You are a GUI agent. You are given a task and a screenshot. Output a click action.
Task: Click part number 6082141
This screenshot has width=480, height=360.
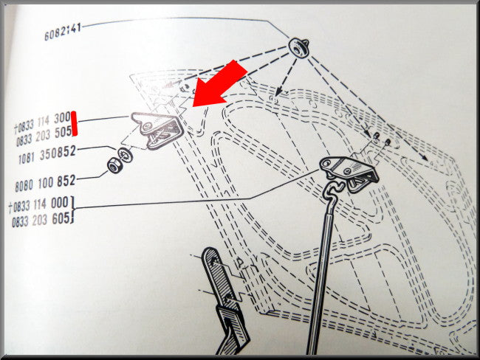click(63, 32)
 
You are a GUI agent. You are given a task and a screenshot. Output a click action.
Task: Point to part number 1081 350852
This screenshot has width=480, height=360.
click(47, 155)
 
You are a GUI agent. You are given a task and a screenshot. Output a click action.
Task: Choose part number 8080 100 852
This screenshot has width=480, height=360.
click(45, 183)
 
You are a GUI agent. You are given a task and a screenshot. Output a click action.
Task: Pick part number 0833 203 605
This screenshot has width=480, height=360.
click(41, 220)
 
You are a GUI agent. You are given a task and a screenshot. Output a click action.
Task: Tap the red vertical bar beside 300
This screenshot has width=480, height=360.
click(74, 123)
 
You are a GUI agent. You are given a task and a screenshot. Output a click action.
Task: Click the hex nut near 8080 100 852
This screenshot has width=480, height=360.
click(115, 165)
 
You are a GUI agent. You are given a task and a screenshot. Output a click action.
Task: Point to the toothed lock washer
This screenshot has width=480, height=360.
click(125, 154)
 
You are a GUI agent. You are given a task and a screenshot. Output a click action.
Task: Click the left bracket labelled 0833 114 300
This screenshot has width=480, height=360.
click(157, 129)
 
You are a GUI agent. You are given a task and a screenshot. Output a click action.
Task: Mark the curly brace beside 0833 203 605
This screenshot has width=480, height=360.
click(72, 210)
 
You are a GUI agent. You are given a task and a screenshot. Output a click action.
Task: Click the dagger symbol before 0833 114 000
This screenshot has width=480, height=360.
click(10, 208)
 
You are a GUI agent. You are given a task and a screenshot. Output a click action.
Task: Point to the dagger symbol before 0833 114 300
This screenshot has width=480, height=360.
click(16, 128)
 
